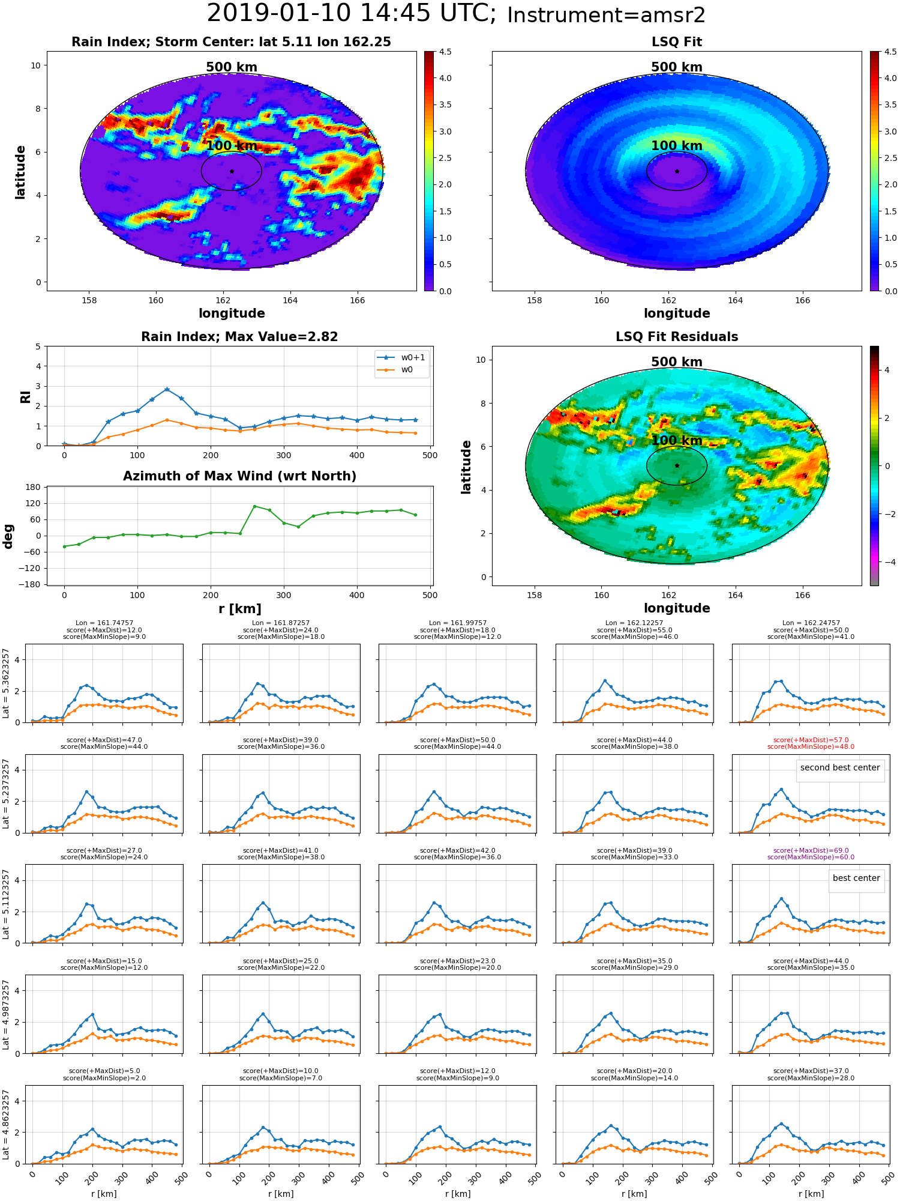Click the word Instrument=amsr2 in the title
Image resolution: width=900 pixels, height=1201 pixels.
pos(606,16)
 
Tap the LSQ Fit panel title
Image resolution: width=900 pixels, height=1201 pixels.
pos(677,42)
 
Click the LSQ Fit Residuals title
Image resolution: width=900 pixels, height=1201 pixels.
pos(677,337)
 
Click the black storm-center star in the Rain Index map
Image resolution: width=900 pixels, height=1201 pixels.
pos(232,171)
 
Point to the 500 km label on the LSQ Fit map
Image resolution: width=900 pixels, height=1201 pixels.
pos(677,67)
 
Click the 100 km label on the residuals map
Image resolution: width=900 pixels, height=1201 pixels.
pos(677,441)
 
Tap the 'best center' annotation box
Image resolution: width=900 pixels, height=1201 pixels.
pos(856,879)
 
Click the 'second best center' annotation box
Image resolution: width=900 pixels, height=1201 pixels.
pos(840,768)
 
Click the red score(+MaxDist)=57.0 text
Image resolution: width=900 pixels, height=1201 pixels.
pos(811,740)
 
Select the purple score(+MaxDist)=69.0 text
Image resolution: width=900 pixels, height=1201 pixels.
pos(811,851)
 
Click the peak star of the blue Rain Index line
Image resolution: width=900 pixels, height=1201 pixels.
pos(167,390)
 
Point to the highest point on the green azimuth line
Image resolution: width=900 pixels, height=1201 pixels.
pos(254,506)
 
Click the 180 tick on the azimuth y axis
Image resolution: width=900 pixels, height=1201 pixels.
pos(33,488)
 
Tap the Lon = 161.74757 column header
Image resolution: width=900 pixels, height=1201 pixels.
pos(104,623)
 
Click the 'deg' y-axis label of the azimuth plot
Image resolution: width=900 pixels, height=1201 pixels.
pos(8,536)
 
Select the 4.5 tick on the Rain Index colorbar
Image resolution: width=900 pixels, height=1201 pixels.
pos(445,52)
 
